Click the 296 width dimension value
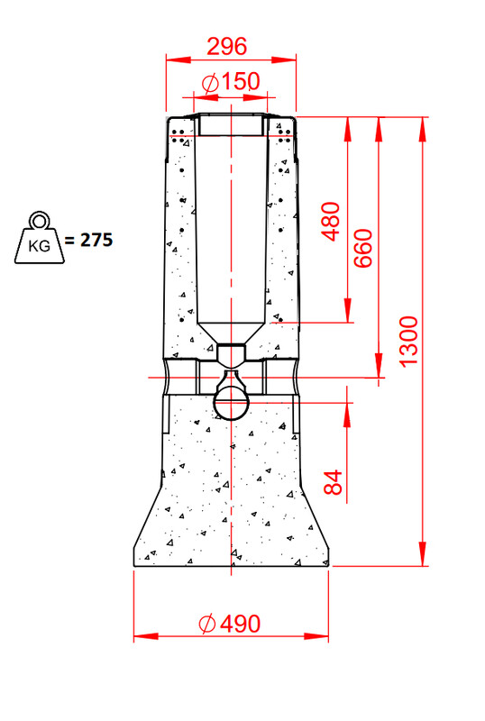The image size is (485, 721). (227, 47)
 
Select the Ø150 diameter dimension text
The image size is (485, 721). (231, 82)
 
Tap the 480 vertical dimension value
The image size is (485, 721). (332, 221)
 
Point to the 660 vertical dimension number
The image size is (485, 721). (363, 249)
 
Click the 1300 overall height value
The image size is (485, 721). (408, 342)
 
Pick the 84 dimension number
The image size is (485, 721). (334, 482)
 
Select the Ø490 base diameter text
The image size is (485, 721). (230, 624)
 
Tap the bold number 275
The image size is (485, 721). (96, 240)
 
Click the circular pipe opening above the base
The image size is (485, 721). (232, 403)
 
